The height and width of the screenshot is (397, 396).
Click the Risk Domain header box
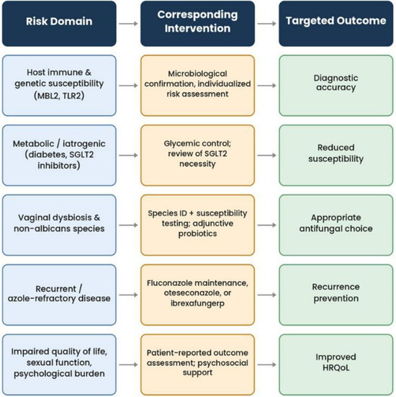click(x=59, y=24)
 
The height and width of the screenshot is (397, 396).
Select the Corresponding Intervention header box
click(x=197, y=24)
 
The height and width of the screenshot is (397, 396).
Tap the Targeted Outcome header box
click(x=336, y=24)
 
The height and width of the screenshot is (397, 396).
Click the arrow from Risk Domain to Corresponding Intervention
click(x=128, y=24)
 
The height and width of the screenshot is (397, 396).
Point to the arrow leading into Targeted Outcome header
click(x=266, y=24)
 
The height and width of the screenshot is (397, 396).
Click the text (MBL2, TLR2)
click(x=59, y=96)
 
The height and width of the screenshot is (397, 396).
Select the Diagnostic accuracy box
click(x=336, y=86)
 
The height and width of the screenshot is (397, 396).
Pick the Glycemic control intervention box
click(x=197, y=155)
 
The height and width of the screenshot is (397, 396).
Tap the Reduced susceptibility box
click(x=336, y=155)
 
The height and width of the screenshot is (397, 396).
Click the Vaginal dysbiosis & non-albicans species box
click(x=59, y=225)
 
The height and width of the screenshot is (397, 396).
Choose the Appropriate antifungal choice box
click(x=336, y=225)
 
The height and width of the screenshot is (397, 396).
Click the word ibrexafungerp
click(x=197, y=303)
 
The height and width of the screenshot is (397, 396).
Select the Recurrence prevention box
click(x=336, y=295)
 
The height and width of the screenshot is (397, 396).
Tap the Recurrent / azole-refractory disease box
click(x=59, y=295)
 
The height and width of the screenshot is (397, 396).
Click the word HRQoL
click(x=336, y=367)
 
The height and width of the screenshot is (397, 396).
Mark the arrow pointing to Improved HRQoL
click(x=266, y=365)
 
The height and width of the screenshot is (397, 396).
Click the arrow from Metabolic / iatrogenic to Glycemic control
click(x=128, y=155)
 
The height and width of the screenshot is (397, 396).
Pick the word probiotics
click(x=197, y=233)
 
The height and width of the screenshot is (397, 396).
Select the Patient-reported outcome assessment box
click(x=197, y=365)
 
